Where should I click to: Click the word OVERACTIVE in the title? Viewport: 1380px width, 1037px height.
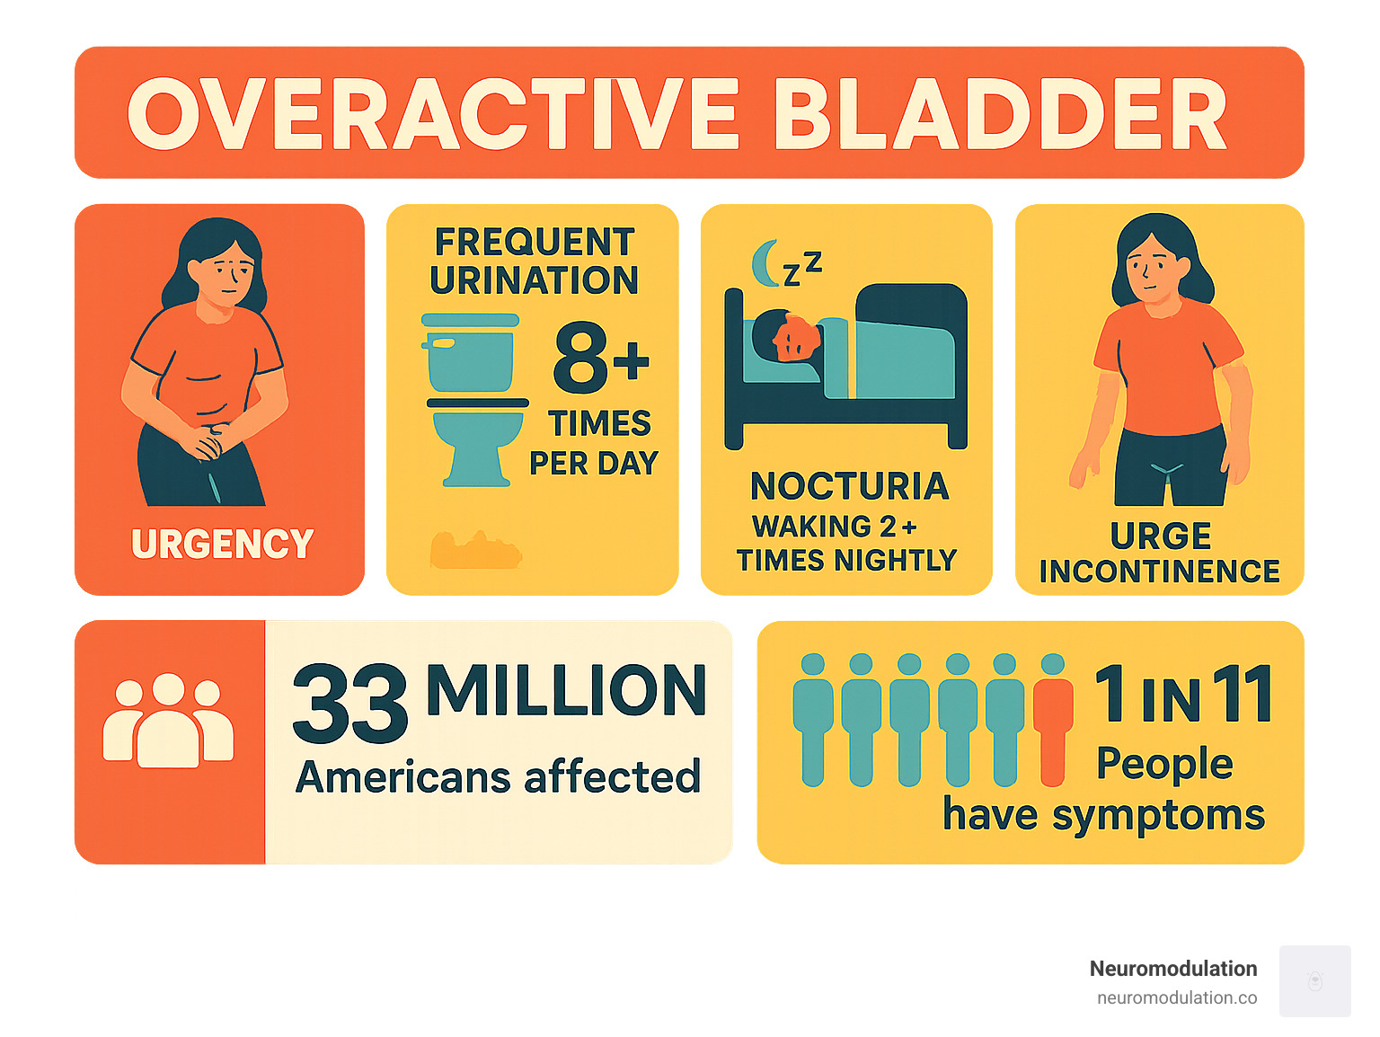(433, 114)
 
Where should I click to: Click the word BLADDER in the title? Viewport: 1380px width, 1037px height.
(1000, 114)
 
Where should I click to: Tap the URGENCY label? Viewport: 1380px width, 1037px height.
(222, 544)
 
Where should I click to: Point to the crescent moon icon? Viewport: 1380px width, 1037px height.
(765, 262)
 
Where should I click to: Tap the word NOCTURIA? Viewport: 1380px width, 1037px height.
(849, 486)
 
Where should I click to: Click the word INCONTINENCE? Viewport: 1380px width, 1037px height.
(1159, 572)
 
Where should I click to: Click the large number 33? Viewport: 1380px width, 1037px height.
(350, 704)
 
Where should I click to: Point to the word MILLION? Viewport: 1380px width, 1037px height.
(566, 691)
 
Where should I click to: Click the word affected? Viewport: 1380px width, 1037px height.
(612, 777)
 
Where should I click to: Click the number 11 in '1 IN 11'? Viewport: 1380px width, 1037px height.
(1242, 694)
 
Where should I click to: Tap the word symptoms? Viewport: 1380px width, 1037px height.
(1158, 816)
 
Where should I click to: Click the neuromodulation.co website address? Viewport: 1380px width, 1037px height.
(1177, 997)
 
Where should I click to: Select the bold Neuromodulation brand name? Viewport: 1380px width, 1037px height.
(1173, 969)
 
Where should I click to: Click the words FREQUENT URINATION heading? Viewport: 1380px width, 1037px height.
(534, 261)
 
